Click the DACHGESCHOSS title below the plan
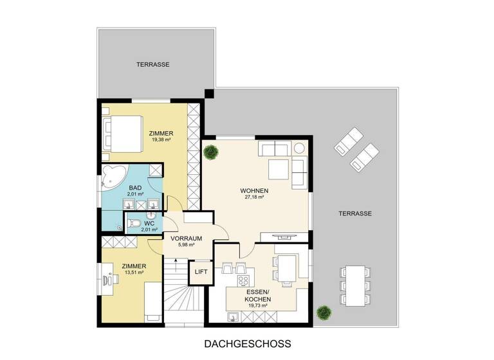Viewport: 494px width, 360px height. (x=247, y=344)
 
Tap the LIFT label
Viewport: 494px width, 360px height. (x=199, y=272)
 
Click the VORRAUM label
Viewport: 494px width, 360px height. (x=186, y=238)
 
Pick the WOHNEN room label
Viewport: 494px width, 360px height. (x=254, y=191)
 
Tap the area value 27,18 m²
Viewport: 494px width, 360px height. (x=254, y=199)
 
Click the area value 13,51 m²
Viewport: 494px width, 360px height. (x=133, y=273)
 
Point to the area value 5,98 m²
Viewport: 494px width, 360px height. (x=186, y=246)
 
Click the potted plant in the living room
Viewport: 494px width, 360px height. (x=210, y=152)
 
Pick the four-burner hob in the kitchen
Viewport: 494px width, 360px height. (x=244, y=281)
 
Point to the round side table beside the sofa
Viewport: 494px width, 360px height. (x=300, y=148)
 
